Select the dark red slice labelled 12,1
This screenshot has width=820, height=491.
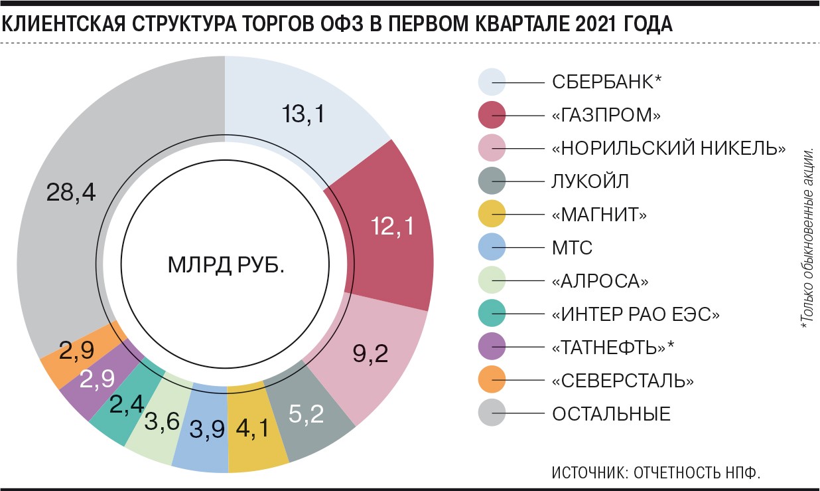point(393,227)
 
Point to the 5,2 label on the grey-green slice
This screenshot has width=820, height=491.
point(306,414)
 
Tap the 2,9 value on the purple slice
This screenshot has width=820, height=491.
point(98,379)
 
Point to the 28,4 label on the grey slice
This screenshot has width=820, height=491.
point(71,192)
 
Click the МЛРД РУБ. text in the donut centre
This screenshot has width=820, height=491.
point(226,266)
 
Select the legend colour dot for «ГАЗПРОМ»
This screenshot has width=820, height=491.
point(492,115)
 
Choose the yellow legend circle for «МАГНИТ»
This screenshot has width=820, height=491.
point(492,215)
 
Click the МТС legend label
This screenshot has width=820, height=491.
point(572,248)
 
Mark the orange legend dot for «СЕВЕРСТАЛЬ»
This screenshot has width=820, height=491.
point(492,381)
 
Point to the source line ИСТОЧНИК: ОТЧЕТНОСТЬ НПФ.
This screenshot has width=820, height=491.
point(655,473)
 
